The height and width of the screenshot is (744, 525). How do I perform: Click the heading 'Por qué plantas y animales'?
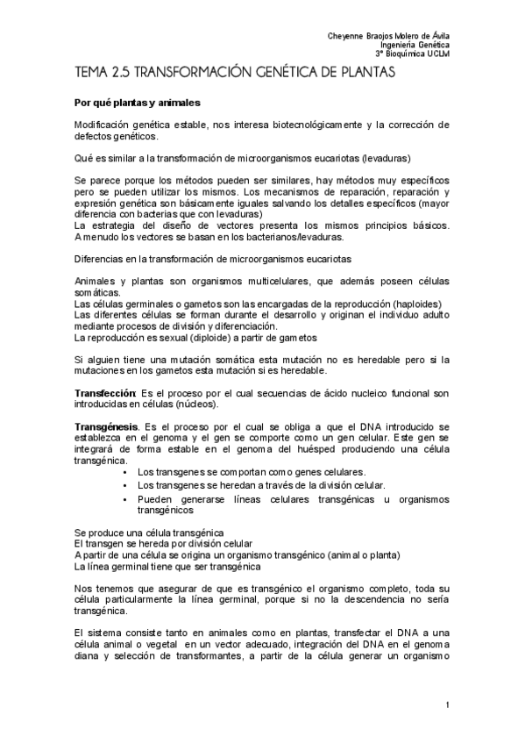[x=138, y=103]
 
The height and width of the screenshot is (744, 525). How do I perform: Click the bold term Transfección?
[x=102, y=393]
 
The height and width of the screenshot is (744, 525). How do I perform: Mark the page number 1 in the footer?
[x=447, y=705]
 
